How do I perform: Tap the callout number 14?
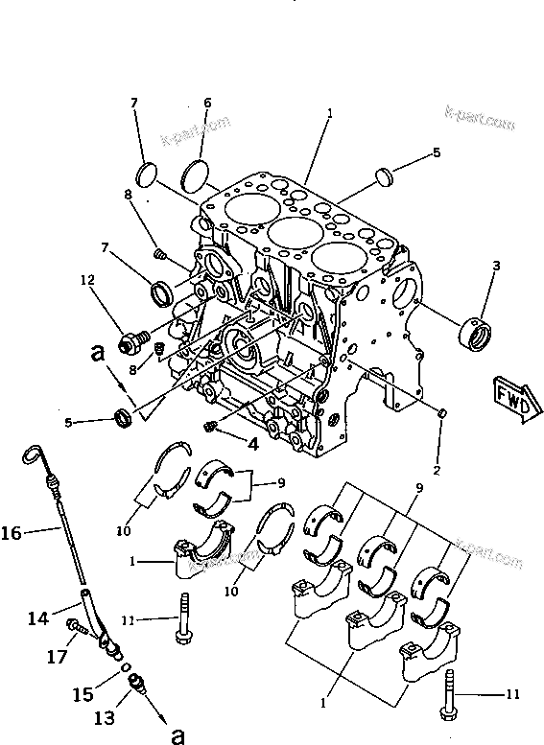(x=36, y=619)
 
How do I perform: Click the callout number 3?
(x=497, y=267)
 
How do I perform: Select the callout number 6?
(x=206, y=103)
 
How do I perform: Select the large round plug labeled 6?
(x=195, y=175)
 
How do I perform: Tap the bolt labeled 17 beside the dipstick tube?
(x=74, y=628)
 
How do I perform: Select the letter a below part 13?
(x=176, y=734)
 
